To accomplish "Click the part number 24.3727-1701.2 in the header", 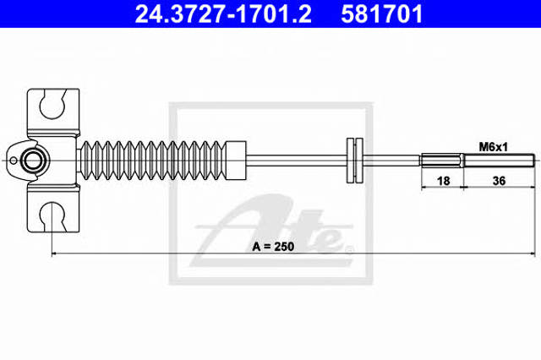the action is [223, 14].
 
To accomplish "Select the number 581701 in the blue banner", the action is [381, 14].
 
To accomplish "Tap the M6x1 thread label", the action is [493, 147].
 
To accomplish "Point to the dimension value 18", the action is [443, 181].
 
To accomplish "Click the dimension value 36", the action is [499, 181].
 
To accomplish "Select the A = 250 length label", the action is [273, 247].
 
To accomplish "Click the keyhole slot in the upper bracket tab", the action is [52, 104].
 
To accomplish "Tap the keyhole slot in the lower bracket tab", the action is [52, 216].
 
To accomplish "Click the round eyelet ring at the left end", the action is [32, 161].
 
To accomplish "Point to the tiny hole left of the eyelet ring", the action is [14, 161].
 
